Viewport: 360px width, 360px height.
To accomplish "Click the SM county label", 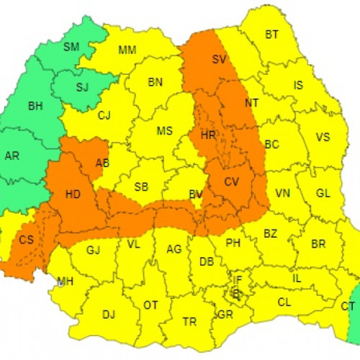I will pyautogui.click(x=71, y=48).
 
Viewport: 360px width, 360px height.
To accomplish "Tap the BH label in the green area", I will pyautogui.click(x=35, y=107).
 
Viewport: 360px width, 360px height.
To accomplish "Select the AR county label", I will pyautogui.click(x=12, y=156).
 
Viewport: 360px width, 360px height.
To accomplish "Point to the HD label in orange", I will pyautogui.click(x=73, y=194).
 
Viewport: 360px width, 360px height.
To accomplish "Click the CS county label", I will pyautogui.click(x=26, y=240).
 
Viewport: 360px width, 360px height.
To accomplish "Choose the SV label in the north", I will pyautogui.click(x=220, y=60).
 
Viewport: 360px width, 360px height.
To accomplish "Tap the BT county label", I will pyautogui.click(x=271, y=34).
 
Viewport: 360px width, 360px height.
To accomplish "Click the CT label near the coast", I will pyautogui.click(x=348, y=306).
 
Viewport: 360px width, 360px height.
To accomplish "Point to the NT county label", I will pyautogui.click(x=251, y=103).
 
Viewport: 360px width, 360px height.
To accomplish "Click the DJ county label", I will pyautogui.click(x=109, y=314).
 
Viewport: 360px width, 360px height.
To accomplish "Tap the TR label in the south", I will pyautogui.click(x=189, y=321).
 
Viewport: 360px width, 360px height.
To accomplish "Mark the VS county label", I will pyautogui.click(x=323, y=137).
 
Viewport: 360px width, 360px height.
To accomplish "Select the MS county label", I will pyautogui.click(x=165, y=130).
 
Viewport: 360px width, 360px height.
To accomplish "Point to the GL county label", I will pyautogui.click(x=323, y=193).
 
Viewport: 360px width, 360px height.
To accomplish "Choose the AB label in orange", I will pyautogui.click(x=102, y=163).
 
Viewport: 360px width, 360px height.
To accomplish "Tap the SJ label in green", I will pyautogui.click(x=82, y=88).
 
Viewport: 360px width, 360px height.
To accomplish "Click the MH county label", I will pyautogui.click(x=66, y=281).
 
